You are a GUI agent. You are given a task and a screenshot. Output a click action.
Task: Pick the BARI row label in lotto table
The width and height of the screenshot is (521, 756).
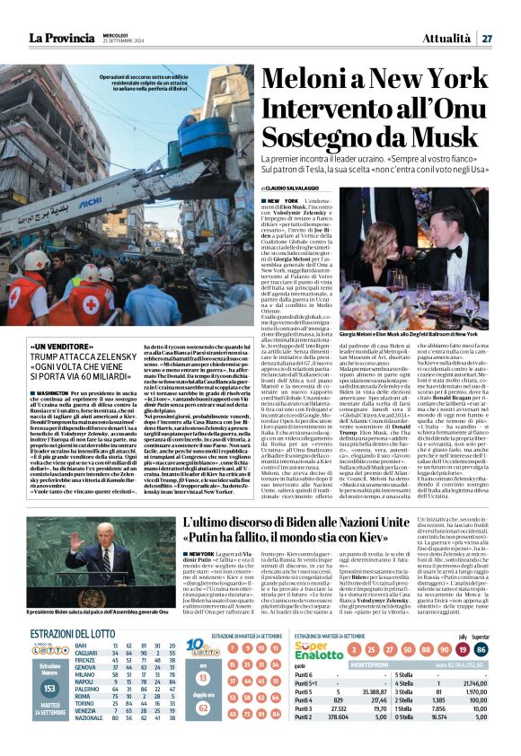pyautogui.click(x=81, y=646)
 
